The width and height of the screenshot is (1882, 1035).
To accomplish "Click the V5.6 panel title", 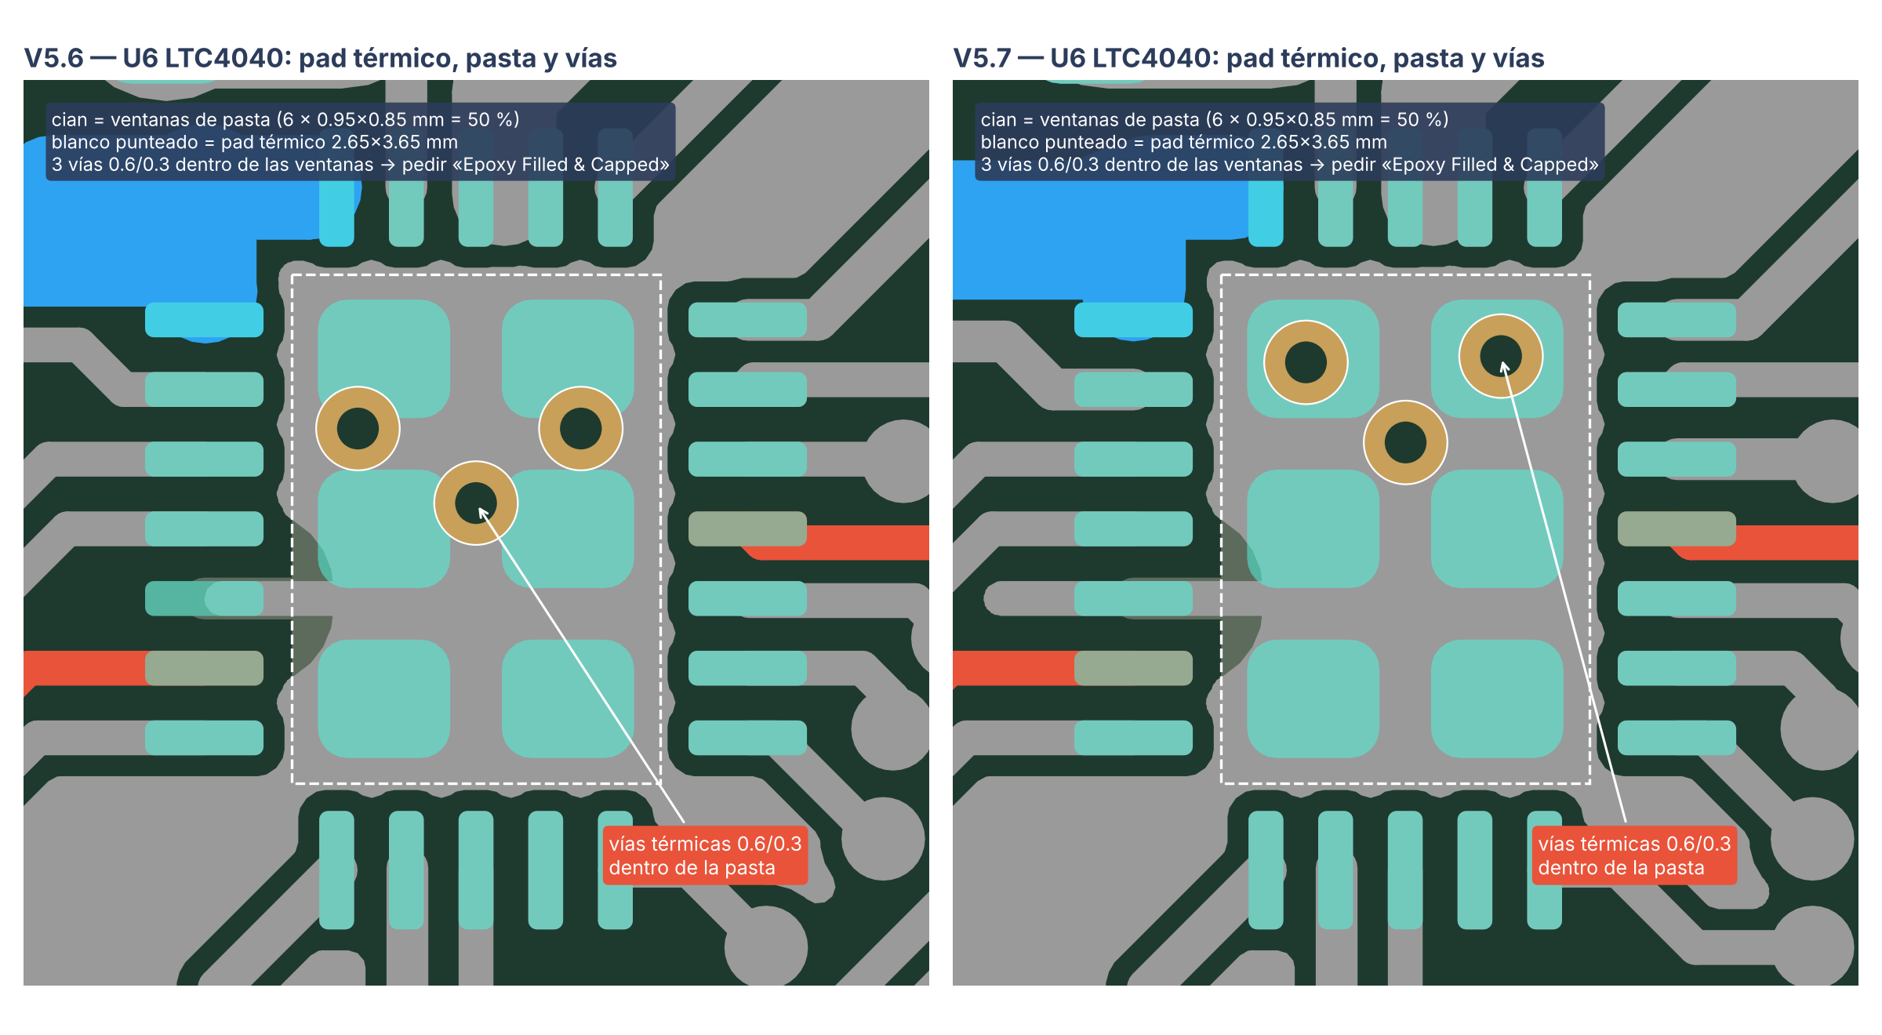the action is (x=320, y=58).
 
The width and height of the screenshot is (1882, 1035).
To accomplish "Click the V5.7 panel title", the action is (x=1248, y=58).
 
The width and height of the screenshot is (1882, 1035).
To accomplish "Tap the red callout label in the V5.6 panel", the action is (x=705, y=855).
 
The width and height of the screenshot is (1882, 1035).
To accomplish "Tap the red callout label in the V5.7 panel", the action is (x=1634, y=855).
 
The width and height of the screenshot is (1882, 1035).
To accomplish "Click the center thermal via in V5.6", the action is (x=476, y=503).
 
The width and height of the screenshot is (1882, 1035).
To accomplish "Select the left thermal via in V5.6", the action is (x=358, y=428).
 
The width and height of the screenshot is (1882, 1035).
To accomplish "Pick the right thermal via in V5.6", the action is (x=580, y=428).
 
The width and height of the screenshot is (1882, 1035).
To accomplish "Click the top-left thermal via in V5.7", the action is (x=1306, y=362).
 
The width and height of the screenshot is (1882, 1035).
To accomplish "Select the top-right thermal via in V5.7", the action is (x=1501, y=356).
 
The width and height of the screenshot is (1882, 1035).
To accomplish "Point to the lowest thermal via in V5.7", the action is (x=1405, y=442).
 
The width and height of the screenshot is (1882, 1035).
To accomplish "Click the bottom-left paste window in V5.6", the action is (x=383, y=699).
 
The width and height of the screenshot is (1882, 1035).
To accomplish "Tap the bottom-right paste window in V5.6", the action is (x=568, y=699).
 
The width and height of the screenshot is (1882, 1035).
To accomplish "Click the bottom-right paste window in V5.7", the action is (x=1497, y=699).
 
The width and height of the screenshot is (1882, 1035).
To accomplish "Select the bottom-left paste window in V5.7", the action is (x=1313, y=699).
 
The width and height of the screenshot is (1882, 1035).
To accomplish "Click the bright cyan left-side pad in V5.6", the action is (x=204, y=320).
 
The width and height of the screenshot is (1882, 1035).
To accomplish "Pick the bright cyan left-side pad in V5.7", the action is (x=1133, y=320).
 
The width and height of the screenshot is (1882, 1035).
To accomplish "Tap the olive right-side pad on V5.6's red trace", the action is (x=747, y=528).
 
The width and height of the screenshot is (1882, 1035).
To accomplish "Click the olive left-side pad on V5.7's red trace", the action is (x=1133, y=668).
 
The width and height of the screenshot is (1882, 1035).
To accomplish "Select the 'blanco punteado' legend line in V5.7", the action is (x=1183, y=142).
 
